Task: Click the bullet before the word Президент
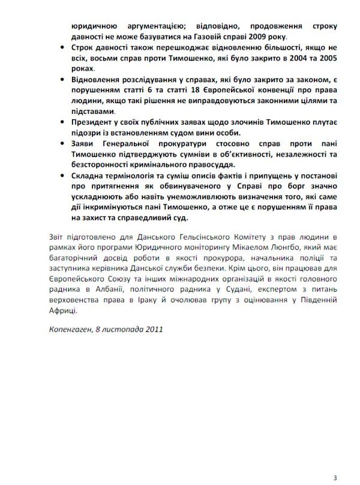point(64,122)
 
